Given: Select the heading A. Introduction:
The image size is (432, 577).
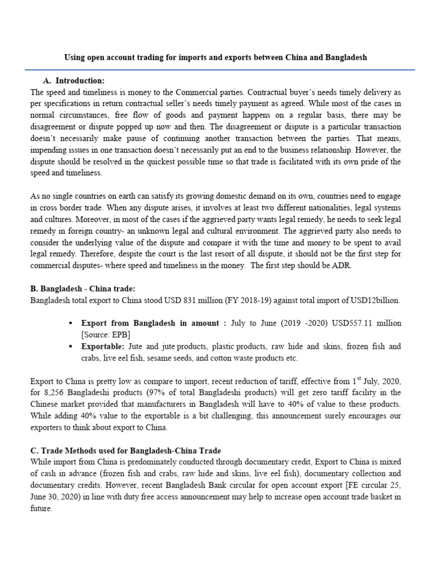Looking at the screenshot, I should coord(74,81).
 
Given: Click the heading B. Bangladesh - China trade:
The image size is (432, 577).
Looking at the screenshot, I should coord(83,289).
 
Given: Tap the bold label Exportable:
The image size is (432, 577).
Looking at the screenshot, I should coord(103,347).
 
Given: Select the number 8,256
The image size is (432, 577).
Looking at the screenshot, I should coord(53,393).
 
